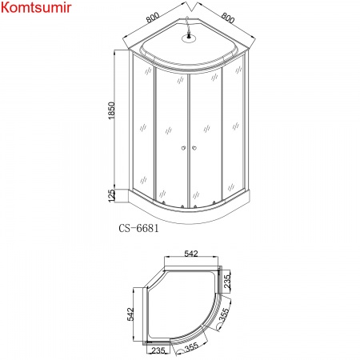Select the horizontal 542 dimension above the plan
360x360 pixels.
[190, 254]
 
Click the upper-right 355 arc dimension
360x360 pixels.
[225, 312]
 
